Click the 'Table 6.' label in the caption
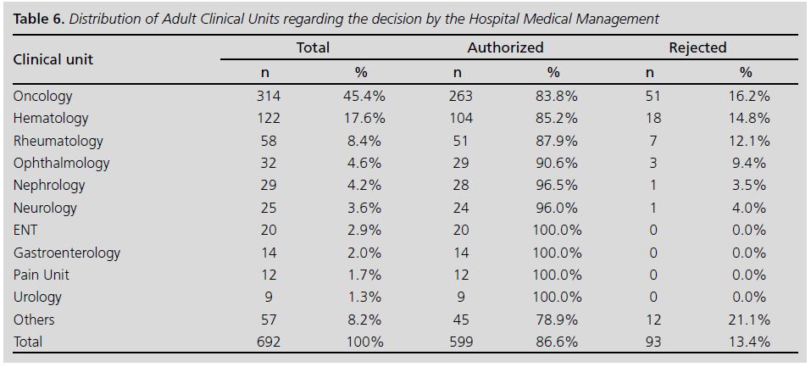(37, 18)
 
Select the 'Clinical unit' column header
(53, 59)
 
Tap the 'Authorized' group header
(505, 47)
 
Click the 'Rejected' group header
(697, 47)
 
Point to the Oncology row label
(43, 97)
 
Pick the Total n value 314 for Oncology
(268, 97)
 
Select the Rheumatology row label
(58, 141)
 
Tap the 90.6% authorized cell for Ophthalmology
(553, 163)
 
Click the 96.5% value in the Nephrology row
(553, 185)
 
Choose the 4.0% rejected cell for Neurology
(748, 208)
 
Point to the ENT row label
(25, 230)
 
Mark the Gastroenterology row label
(67, 253)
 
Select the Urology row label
(37, 297)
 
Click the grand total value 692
(268, 342)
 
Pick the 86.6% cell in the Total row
(553, 342)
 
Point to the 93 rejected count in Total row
(652, 342)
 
